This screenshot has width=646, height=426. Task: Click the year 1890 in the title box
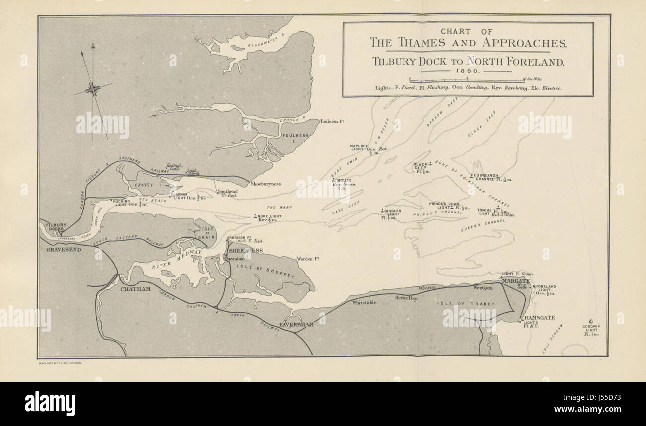coord(467,71)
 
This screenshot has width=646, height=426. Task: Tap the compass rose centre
coord(93,90)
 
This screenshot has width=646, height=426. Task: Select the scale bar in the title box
coord(467,79)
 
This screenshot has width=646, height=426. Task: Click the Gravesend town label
coord(63,249)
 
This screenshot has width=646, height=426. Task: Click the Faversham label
coord(296,324)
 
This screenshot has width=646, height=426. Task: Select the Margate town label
coord(515,281)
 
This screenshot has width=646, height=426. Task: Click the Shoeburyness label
coord(266,184)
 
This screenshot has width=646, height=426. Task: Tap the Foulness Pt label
coord(332,121)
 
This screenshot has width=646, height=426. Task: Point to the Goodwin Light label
coord(591,330)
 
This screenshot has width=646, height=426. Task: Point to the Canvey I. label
coord(144,185)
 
